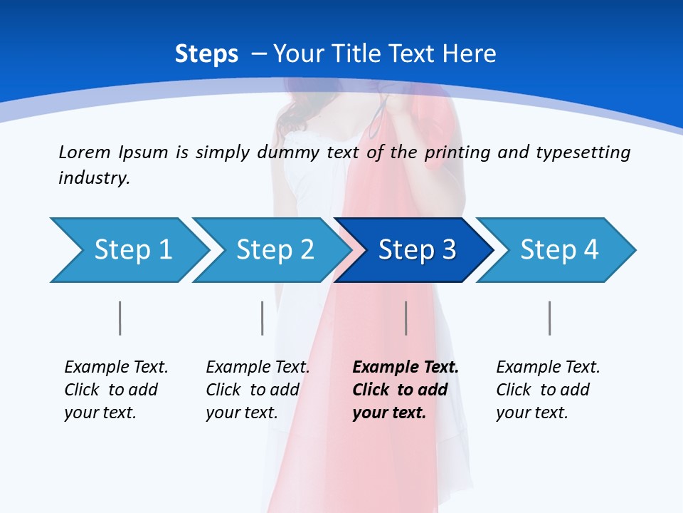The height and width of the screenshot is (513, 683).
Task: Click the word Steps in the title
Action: click(x=206, y=54)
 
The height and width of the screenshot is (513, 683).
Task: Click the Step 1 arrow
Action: click(x=132, y=250)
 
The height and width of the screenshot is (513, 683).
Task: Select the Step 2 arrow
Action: click(x=275, y=250)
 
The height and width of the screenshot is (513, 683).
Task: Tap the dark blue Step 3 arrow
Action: click(x=416, y=250)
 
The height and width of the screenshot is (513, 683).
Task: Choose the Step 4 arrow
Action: click(x=558, y=250)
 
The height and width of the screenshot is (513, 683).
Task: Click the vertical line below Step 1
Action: click(x=120, y=318)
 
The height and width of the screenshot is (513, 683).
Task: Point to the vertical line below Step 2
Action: click(x=263, y=318)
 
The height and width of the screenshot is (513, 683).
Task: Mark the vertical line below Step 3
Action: click(x=406, y=318)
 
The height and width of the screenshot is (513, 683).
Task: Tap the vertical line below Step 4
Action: click(x=550, y=318)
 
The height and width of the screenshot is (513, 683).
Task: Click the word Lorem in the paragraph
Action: click(x=85, y=152)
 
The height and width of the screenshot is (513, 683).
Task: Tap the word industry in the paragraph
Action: click(x=93, y=178)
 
